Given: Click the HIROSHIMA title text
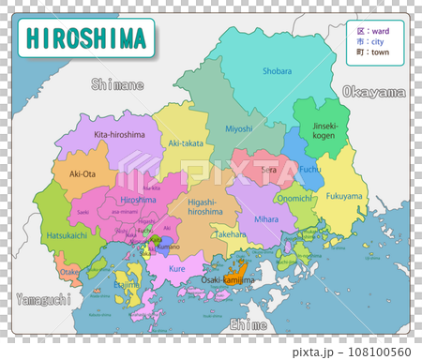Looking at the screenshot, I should (x=86, y=38).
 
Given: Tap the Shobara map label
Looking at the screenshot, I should (x=276, y=70).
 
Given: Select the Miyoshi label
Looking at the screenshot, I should (x=239, y=128).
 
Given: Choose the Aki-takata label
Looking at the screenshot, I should (x=185, y=143).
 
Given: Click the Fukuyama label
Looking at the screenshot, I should (x=345, y=197).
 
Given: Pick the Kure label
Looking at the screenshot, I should (x=176, y=269).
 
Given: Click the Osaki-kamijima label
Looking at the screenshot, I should (x=228, y=279).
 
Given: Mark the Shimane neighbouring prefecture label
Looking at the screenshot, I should (x=117, y=85).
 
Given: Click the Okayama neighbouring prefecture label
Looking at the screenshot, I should (x=374, y=92).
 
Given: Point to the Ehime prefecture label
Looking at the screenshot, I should (x=248, y=324).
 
